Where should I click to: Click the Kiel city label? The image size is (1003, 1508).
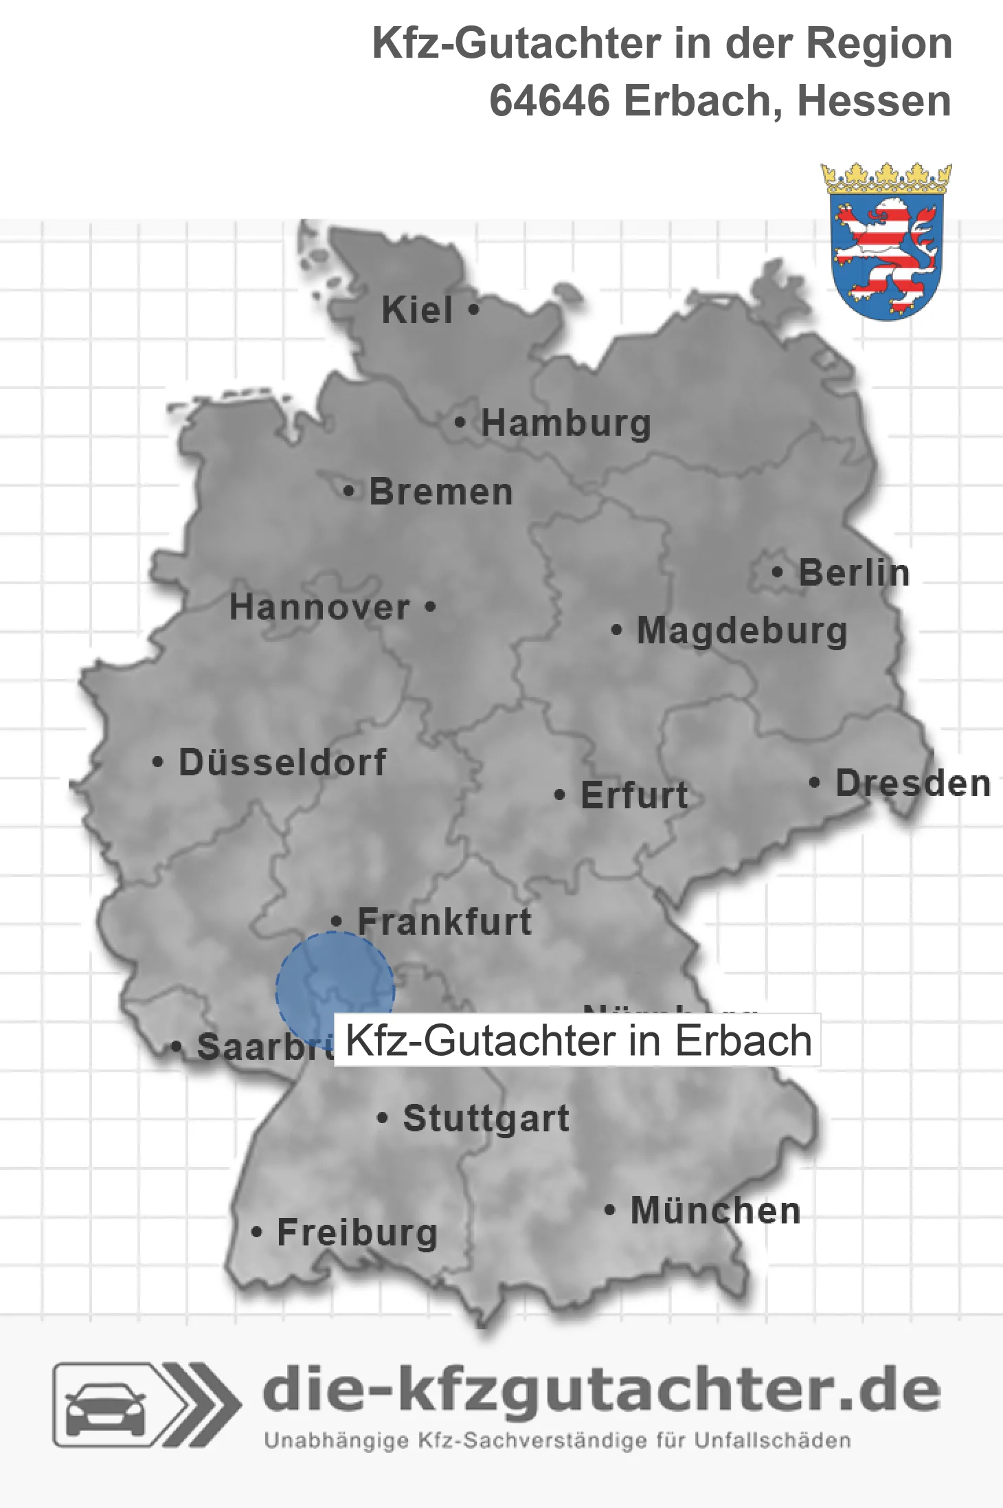click(x=417, y=311)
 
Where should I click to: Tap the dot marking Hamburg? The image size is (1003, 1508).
click(x=460, y=423)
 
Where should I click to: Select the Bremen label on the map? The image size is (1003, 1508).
click(x=441, y=492)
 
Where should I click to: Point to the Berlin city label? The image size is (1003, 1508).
click(x=854, y=573)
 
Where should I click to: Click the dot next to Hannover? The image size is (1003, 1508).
click(x=430, y=607)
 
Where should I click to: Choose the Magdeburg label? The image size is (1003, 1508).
click(x=742, y=631)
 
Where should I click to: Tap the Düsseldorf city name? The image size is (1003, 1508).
click(x=282, y=762)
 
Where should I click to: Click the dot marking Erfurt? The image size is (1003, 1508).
click(x=559, y=795)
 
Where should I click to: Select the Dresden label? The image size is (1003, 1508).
click(x=913, y=784)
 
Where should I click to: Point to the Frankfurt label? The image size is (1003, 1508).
click(x=444, y=922)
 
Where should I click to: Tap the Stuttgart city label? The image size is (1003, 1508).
click(x=486, y=1118)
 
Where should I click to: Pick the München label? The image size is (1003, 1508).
click(x=716, y=1210)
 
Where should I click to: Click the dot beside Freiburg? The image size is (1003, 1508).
click(x=257, y=1232)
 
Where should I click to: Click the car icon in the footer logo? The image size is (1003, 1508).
click(x=105, y=1405)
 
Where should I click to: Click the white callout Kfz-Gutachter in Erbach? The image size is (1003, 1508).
click(x=578, y=1040)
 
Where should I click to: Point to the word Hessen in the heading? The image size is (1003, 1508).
click(x=874, y=101)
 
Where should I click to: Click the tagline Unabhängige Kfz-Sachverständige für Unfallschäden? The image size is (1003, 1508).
click(x=557, y=1440)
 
